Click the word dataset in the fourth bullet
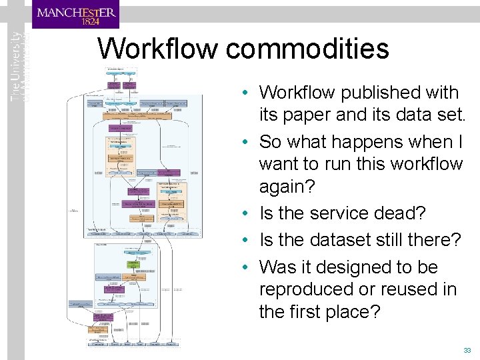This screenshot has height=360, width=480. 344,240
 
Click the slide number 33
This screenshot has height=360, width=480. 467,350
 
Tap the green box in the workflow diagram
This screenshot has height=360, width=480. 133,265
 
